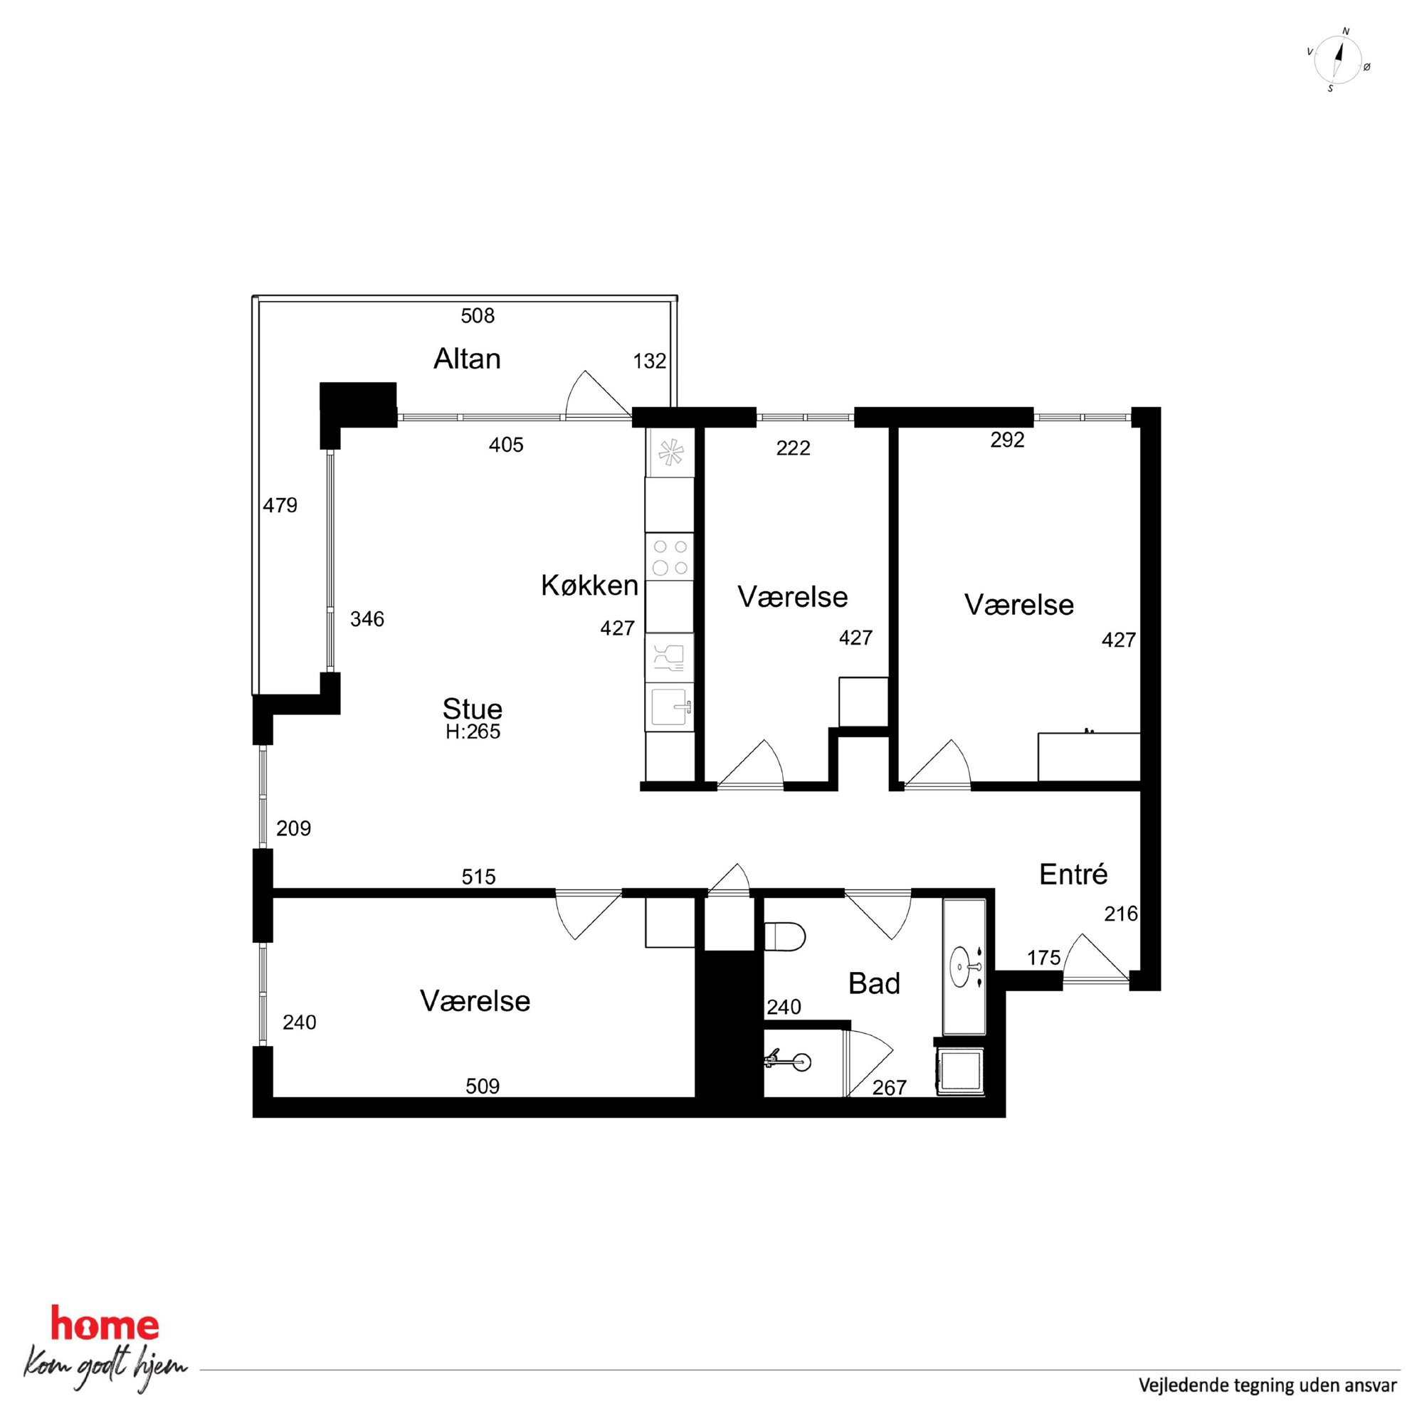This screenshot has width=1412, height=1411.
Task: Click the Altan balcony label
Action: click(x=467, y=359)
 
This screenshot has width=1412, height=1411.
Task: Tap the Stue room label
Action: click(x=472, y=708)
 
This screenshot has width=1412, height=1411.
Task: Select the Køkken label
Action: click(x=590, y=586)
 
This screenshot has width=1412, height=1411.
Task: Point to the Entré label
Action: click(x=1073, y=874)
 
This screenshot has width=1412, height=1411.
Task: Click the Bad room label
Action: click(x=874, y=983)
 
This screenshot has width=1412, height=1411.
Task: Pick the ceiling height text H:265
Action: click(x=473, y=731)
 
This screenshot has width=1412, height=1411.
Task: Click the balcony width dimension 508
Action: click(x=478, y=316)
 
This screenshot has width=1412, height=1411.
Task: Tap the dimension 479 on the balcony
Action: click(x=280, y=505)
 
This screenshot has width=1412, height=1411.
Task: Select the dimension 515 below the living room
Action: click(x=479, y=876)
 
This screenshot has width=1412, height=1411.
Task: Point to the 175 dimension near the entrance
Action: click(x=1043, y=957)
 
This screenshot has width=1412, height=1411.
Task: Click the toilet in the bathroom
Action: click(x=784, y=936)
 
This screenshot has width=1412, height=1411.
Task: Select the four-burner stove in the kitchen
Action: click(x=670, y=557)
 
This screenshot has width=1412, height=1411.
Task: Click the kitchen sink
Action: click(x=670, y=707)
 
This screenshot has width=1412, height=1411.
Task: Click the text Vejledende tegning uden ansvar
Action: click(x=1268, y=1385)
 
